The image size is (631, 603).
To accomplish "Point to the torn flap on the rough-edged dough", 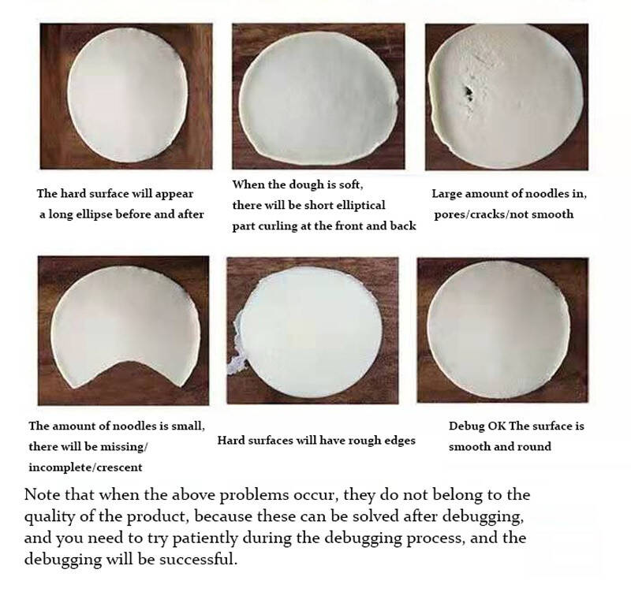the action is (x=238, y=346).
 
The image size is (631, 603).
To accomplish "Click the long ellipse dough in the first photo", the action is (x=128, y=95).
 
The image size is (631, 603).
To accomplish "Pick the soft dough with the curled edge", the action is (x=319, y=99).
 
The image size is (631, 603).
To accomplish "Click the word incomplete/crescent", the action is (x=85, y=467).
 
